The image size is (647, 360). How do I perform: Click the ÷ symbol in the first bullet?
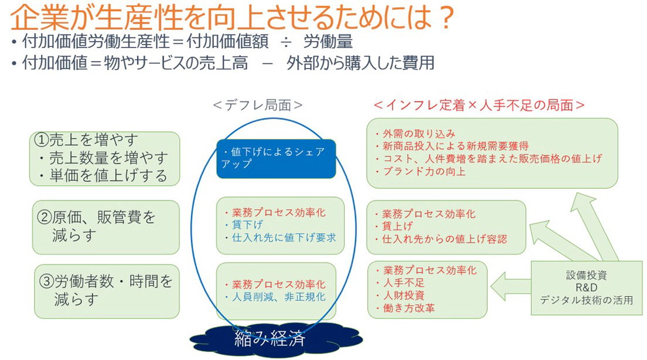click(x=285, y=42)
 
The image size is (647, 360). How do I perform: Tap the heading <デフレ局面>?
click(x=258, y=106)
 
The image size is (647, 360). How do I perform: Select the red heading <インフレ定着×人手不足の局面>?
click(x=479, y=105)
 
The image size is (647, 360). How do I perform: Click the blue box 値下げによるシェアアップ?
click(x=276, y=159)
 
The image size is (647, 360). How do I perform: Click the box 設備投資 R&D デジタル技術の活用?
click(x=586, y=288)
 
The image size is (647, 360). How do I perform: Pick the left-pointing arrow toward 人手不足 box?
click(x=511, y=286)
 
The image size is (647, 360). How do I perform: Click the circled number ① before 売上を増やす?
click(x=42, y=140)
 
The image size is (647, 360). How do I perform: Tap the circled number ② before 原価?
click(x=45, y=217)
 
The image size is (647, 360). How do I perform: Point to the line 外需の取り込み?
click(x=418, y=134)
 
